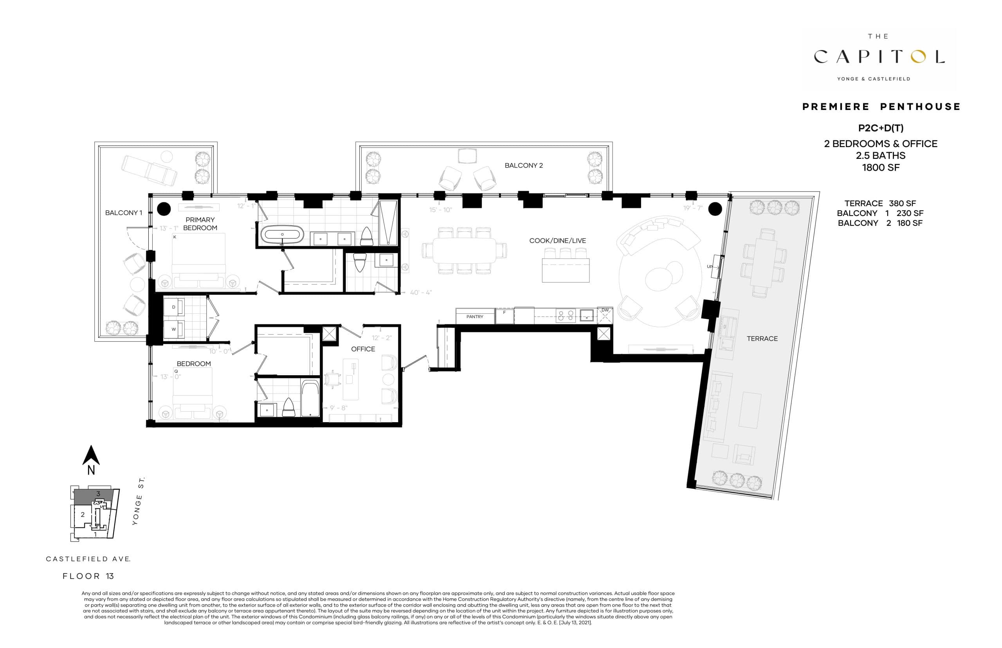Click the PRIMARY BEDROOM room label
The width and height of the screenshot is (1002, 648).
[200, 223]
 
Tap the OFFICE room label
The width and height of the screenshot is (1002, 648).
[363, 349]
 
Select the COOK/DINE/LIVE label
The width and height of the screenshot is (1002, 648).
[557, 241]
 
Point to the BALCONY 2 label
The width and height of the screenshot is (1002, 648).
[524, 166]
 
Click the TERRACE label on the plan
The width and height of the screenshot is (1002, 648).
[762, 338]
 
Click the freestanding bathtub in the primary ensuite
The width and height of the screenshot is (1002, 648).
[282, 234]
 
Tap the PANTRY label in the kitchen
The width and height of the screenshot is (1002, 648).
[475, 317]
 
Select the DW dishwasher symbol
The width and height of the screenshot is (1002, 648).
[605, 311]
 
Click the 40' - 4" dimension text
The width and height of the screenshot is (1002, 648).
[421, 292]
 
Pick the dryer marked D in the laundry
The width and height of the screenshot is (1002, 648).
[174, 307]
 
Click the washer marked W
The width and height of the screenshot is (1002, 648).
[174, 329]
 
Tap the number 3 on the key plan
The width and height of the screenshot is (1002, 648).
[98, 493]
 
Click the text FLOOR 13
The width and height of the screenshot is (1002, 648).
[88, 576]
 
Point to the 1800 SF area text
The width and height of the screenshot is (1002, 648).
[880, 167]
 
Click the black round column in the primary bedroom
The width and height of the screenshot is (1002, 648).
[164, 209]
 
